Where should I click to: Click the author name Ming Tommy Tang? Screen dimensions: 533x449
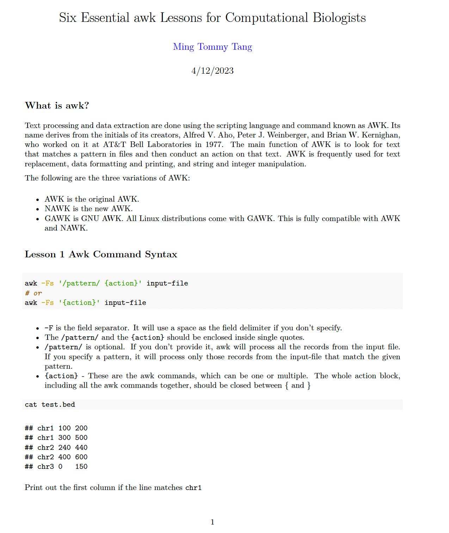212,47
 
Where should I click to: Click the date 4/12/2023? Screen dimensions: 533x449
212,71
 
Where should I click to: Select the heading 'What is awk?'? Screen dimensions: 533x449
57,106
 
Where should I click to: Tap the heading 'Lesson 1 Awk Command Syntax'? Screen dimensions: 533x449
101,255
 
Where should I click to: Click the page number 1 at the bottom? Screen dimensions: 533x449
212,522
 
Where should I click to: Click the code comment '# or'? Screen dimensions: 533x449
33,293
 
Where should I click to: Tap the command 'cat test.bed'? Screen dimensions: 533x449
50,405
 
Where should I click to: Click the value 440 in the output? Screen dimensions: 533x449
81,447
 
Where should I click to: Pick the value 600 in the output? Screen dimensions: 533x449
81,457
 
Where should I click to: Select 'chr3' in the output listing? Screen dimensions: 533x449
45,467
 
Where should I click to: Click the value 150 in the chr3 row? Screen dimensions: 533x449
81,467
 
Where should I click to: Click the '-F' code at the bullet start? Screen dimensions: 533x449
49,328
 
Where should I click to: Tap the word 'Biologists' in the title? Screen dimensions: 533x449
339,18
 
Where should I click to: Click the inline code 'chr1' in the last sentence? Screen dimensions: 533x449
193,488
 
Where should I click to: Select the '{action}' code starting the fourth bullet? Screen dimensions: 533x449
61,376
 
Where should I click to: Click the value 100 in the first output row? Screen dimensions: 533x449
64,428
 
